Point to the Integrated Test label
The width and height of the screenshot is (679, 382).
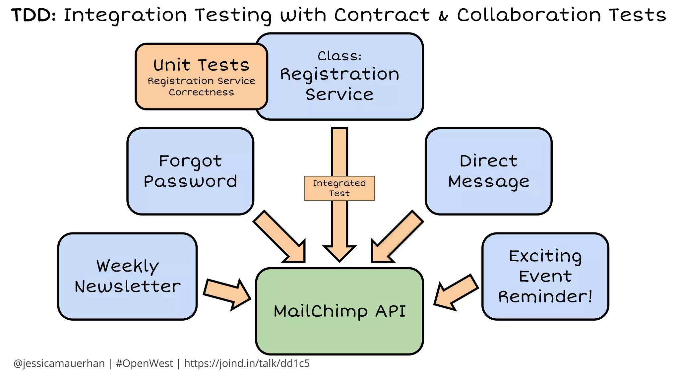(339, 188)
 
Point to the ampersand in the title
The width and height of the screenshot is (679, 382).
(444, 16)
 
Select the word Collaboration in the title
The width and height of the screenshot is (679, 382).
(529, 15)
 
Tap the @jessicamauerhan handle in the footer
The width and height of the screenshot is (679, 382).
(59, 363)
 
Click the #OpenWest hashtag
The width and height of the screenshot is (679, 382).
(144, 363)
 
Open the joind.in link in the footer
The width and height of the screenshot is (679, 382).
(247, 363)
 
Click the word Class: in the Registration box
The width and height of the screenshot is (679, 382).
(339, 56)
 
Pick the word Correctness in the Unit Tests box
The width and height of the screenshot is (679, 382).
(201, 92)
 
